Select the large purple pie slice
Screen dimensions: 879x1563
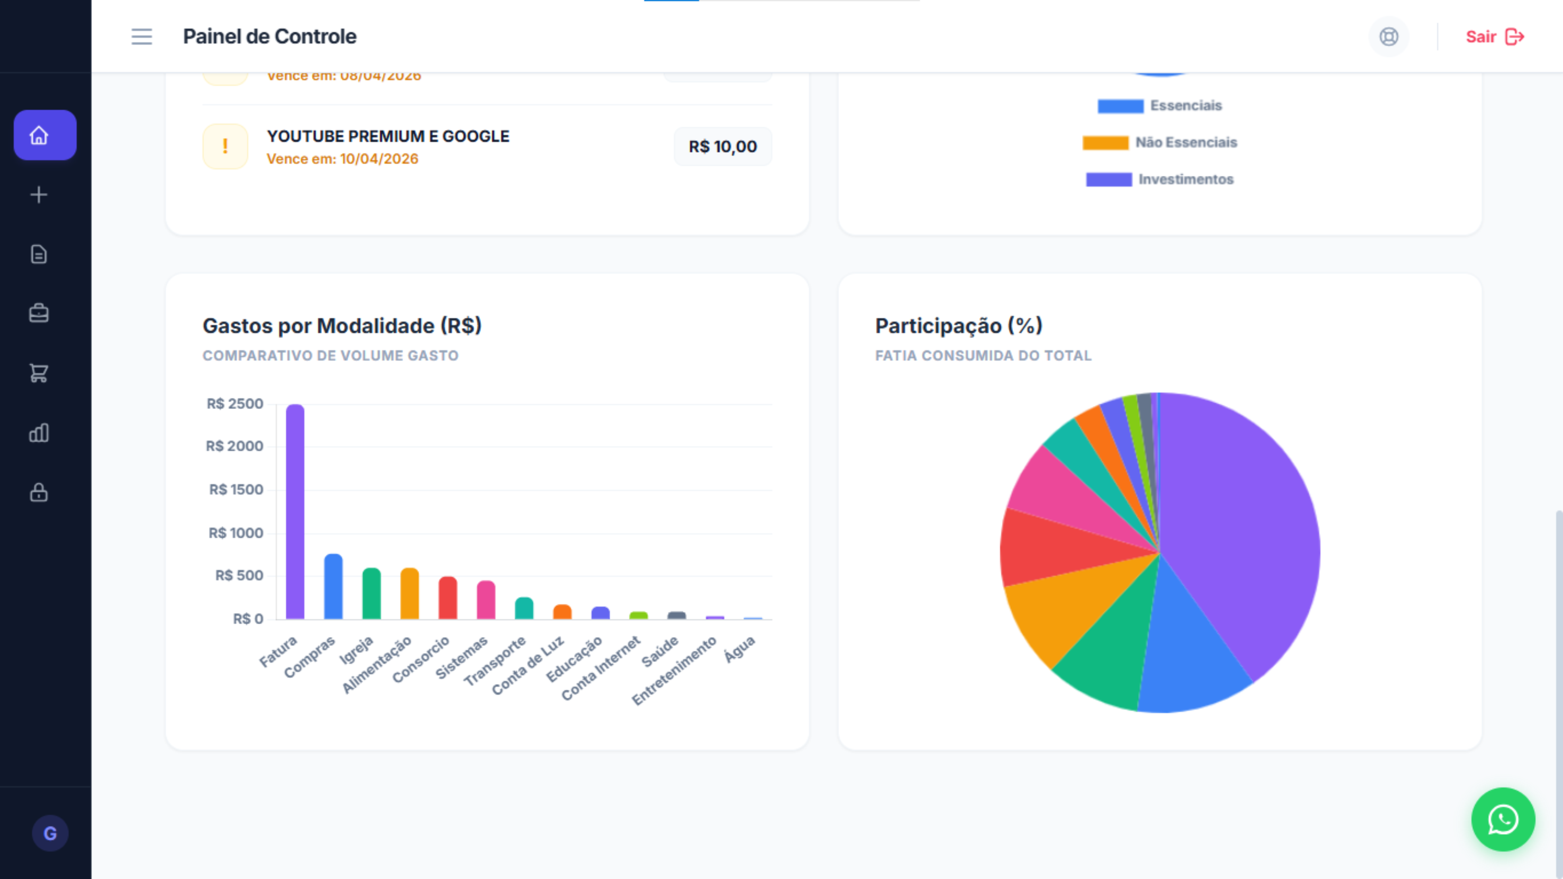[x=1238, y=534]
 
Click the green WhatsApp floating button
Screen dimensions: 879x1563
[x=1503, y=820]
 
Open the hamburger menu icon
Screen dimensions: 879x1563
[x=142, y=36]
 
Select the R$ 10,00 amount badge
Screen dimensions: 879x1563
[x=723, y=146]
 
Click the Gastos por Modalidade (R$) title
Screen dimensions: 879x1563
[x=342, y=326]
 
